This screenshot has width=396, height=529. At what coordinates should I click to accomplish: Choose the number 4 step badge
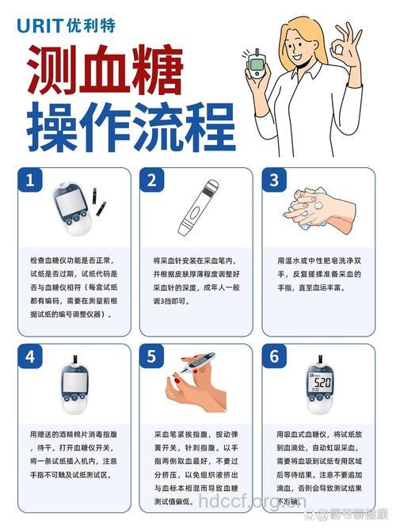pyautogui.click(x=29, y=356)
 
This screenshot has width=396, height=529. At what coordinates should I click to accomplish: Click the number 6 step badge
pyautogui.click(x=274, y=356)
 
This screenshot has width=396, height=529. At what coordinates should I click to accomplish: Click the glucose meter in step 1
pyautogui.click(x=70, y=209)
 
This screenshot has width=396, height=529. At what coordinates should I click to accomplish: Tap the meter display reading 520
pyautogui.click(x=321, y=382)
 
